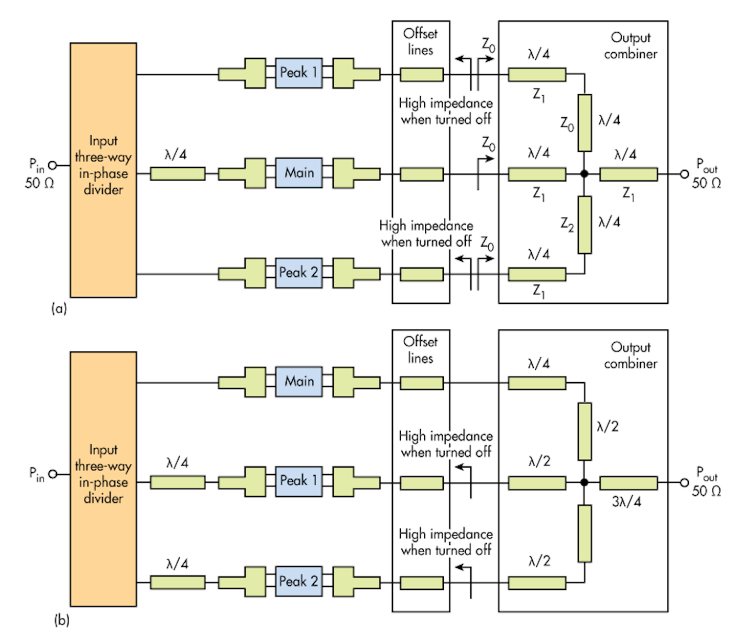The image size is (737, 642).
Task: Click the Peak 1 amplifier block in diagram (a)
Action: coord(299,73)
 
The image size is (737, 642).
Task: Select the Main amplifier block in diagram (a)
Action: coord(299,173)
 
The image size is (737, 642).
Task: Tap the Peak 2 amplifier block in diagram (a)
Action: coord(299,273)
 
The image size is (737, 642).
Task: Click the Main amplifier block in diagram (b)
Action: coord(299,382)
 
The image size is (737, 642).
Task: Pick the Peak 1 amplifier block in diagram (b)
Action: coord(299,481)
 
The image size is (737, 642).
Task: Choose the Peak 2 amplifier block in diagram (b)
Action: coord(299,581)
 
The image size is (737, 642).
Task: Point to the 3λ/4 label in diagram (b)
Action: coord(626,501)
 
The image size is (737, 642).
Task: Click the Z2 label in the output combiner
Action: coord(567,224)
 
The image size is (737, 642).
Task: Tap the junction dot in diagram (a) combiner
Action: coord(584,174)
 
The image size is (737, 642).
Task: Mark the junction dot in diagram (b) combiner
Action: coord(584,482)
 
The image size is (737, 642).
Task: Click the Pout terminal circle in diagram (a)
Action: coord(684,174)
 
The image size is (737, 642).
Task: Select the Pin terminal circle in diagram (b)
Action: coord(52,474)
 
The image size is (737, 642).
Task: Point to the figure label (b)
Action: coord(61,621)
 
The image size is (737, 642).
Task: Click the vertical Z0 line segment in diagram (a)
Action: coord(584,123)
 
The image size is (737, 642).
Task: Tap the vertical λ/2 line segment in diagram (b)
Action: coord(584,431)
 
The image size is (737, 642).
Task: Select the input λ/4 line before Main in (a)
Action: coord(178,173)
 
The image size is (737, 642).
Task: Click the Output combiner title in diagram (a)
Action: coord(631,46)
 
